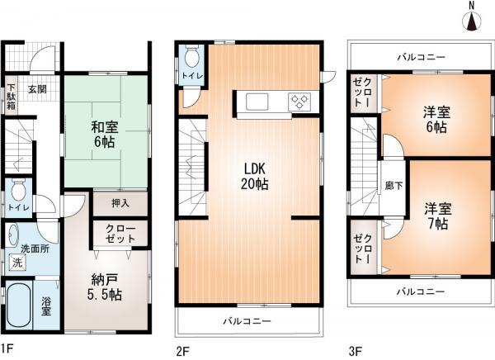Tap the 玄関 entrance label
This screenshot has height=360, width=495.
pos(39,89)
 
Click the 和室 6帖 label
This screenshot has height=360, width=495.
pos(104,135)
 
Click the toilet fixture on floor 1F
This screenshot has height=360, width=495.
pos(18,187)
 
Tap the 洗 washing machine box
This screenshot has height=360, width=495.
pos(16,263)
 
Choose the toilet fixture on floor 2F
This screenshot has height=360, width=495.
pos(191,57)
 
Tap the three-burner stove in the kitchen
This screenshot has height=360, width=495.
pos(298,102)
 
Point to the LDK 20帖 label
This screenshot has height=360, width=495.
pos(252,176)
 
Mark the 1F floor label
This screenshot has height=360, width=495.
pos(7,348)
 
